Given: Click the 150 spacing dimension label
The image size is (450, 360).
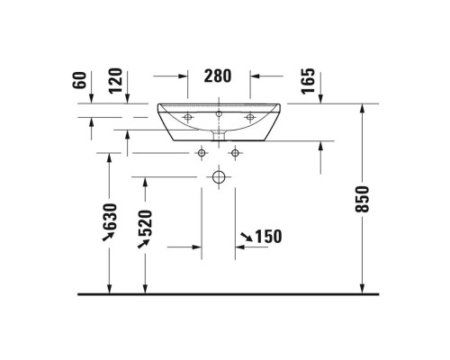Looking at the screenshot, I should [268, 237].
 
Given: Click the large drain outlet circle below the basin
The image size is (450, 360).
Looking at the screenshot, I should [218, 177].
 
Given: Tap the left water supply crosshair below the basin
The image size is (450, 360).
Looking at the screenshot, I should [200, 152].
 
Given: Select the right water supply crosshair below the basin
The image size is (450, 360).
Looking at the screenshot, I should [235, 152].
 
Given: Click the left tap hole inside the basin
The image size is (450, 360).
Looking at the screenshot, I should [188, 116].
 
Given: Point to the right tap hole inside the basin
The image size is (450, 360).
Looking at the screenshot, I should [250, 116].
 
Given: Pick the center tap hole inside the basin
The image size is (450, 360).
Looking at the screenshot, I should [219, 113].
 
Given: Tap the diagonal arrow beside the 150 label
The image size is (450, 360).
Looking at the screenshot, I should [245, 237].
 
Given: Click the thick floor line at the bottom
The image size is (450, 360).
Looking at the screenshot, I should [225, 294].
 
